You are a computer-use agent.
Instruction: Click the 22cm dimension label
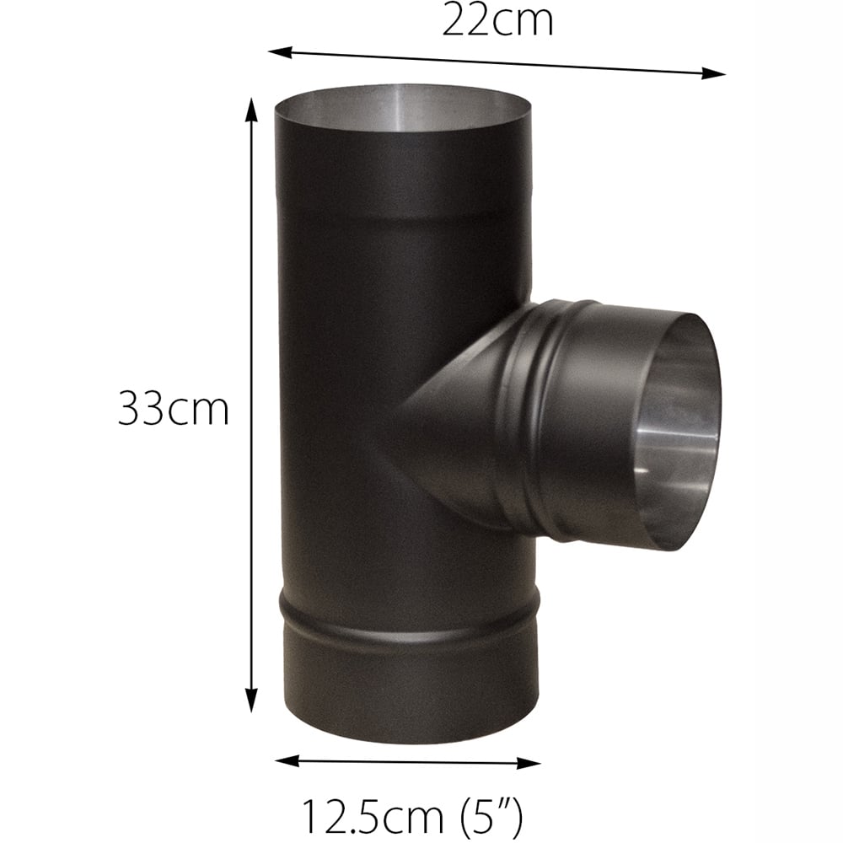coord(497,20)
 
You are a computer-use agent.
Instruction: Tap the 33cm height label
coord(174,410)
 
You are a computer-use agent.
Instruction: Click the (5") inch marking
coord(488,815)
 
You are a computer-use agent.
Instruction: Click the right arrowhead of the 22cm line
coord(719,74)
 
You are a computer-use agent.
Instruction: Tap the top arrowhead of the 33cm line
coord(250,105)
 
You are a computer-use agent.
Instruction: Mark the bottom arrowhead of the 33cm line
coord(250,705)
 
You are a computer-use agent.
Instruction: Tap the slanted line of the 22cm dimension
coord(497,63)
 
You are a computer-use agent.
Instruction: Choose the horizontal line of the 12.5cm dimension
coord(408,762)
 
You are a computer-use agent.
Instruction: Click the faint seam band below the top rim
coord(405,207)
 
